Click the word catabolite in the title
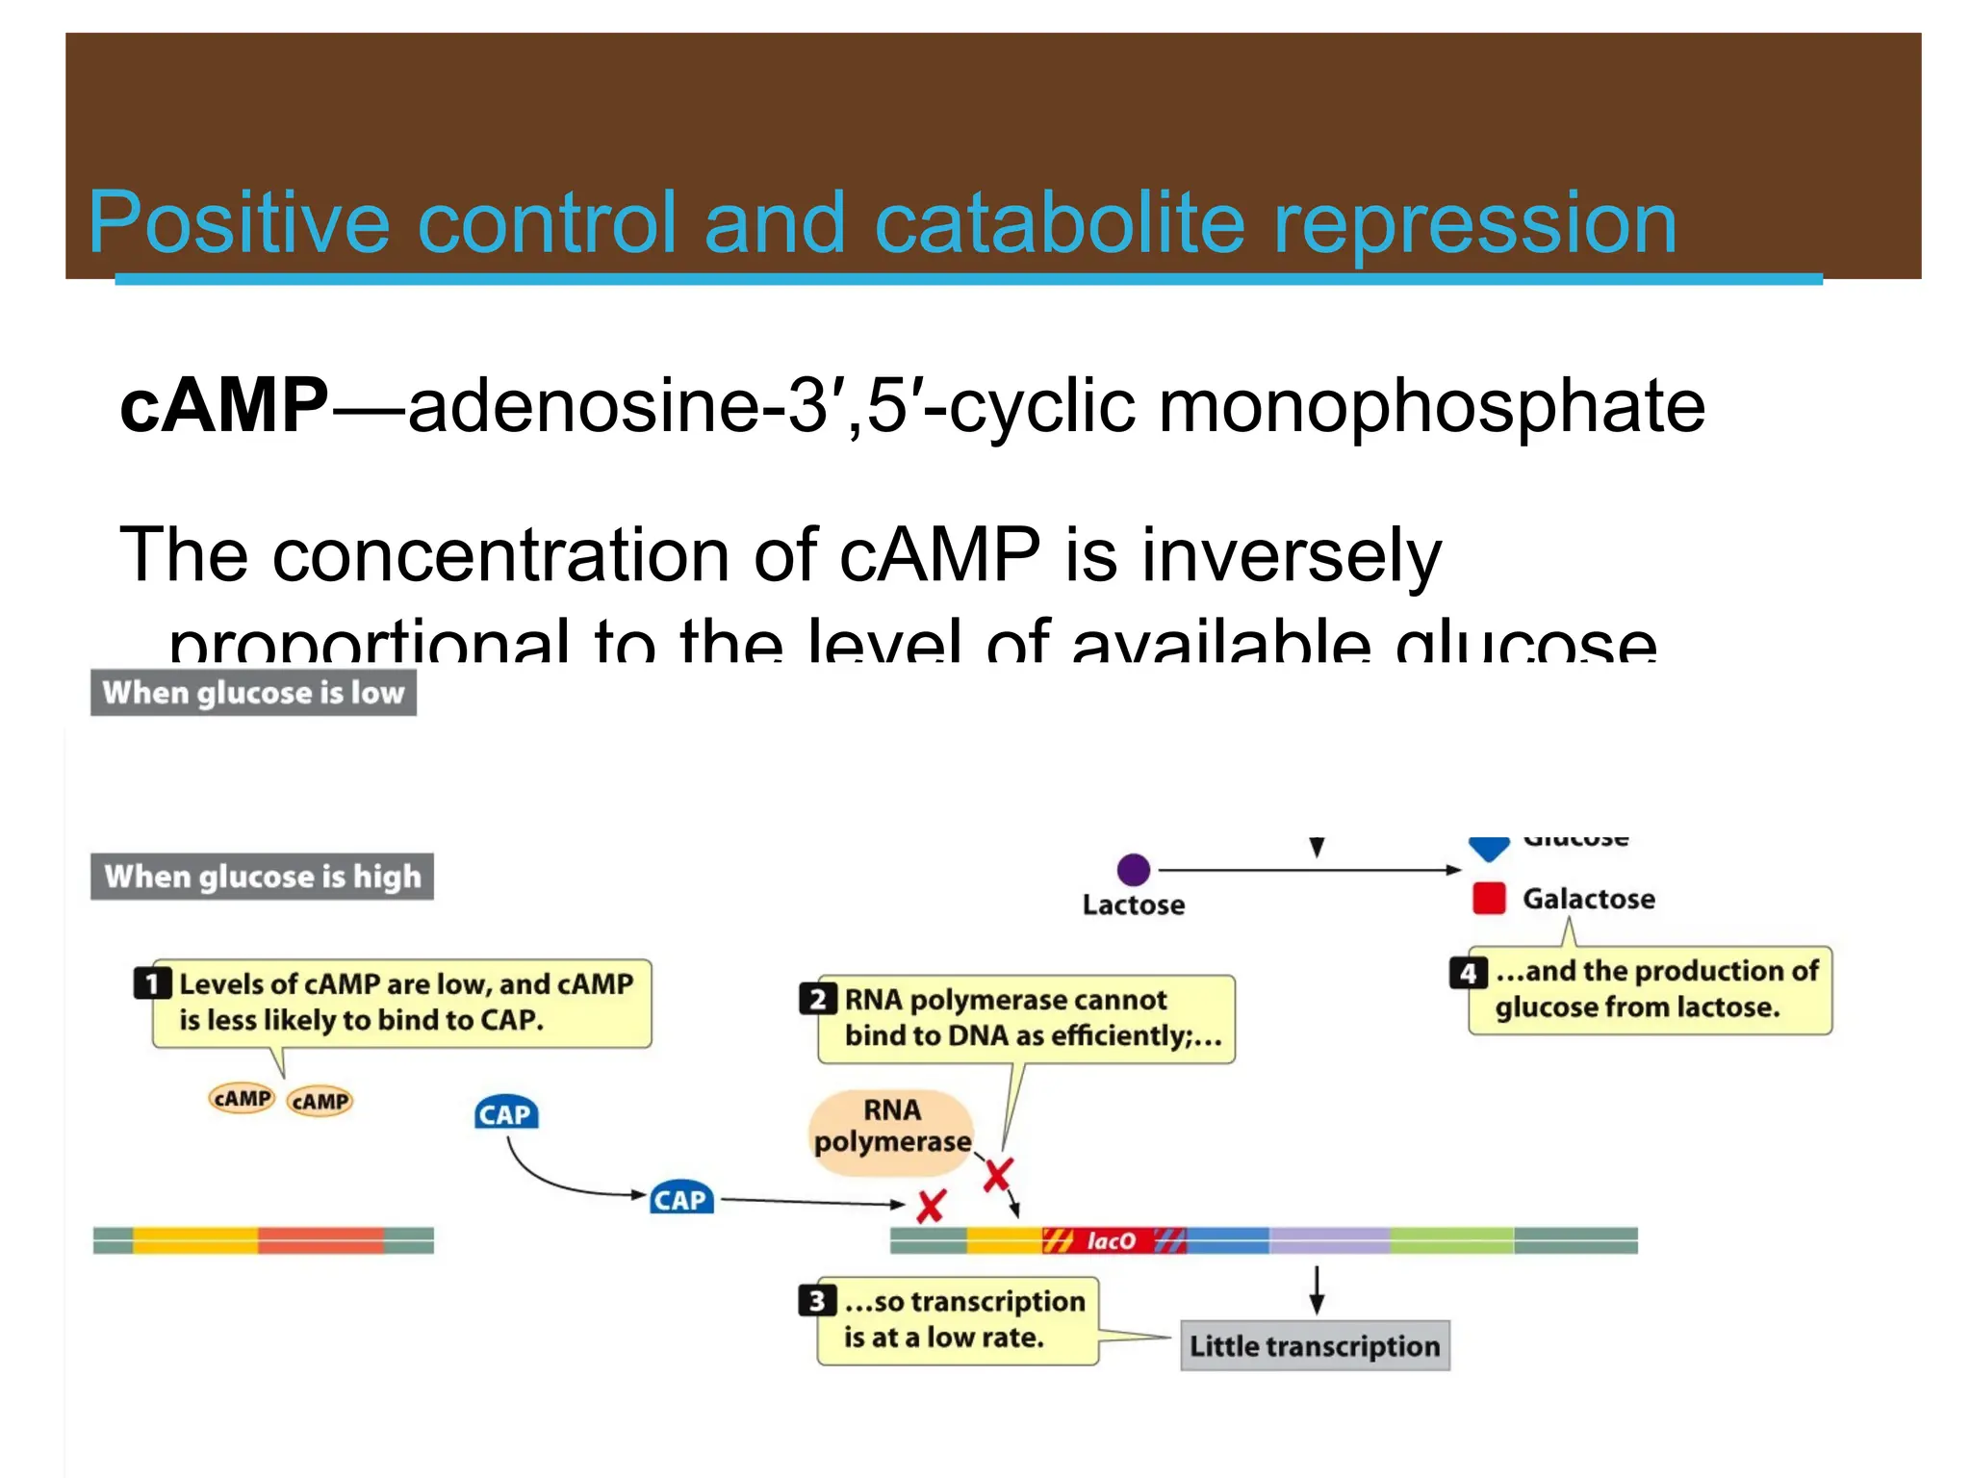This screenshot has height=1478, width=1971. (1059, 223)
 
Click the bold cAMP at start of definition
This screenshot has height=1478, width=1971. (223, 405)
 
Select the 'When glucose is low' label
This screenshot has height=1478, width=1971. (253, 693)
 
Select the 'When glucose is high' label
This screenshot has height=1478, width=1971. (262, 877)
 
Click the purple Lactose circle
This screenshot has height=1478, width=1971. (1134, 870)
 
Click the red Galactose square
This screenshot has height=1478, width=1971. (1489, 899)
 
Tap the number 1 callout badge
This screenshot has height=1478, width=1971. (152, 983)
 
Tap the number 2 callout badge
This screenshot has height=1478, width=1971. (817, 999)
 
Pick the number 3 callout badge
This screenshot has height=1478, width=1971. (816, 1301)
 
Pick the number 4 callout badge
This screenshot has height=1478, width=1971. (1468, 972)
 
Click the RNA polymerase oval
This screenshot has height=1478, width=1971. (892, 1131)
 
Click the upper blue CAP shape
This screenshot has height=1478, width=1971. (506, 1113)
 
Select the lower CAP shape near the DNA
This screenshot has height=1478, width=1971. (681, 1199)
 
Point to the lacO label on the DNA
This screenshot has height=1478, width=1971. (1111, 1241)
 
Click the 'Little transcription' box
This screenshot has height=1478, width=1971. (1315, 1345)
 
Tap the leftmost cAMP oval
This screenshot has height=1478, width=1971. (242, 1098)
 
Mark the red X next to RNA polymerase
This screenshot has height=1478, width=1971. (998, 1175)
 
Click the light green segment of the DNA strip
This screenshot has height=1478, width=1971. (1451, 1240)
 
